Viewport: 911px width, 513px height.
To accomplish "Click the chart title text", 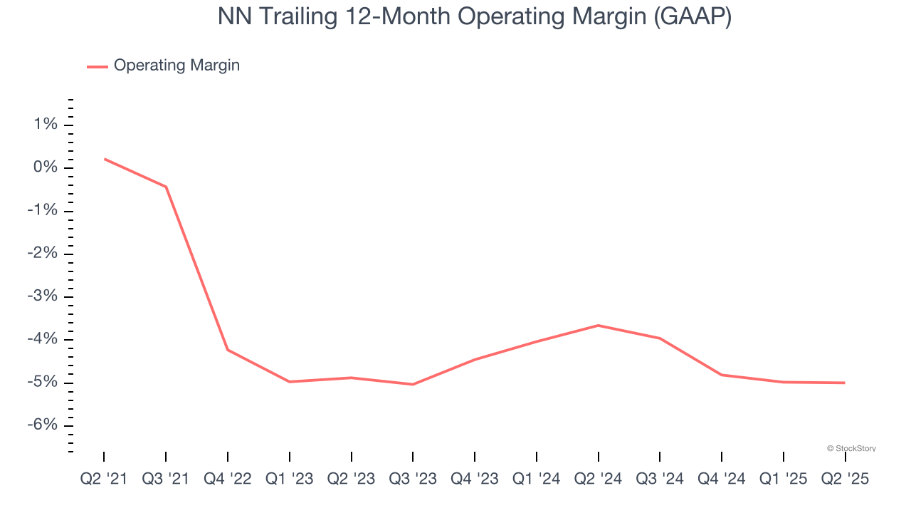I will coord(475,17).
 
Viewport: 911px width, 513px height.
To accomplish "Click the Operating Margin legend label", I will coord(177,66).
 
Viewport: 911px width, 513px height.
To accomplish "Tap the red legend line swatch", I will coord(98,66).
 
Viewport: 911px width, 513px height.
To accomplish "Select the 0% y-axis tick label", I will coord(44,167).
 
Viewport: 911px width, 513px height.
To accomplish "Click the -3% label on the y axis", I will coord(41,296).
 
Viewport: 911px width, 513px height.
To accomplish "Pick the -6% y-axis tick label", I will coord(41,425).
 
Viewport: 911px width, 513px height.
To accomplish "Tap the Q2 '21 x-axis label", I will coord(104,479).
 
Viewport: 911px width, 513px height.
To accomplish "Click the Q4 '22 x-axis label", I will coord(228,479).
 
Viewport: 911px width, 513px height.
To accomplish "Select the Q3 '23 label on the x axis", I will coord(413,479).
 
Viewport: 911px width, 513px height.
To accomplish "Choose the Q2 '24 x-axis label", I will coord(599,479).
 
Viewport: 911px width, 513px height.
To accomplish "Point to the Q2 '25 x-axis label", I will coord(845,479).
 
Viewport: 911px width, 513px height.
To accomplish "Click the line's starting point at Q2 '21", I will coord(105,159).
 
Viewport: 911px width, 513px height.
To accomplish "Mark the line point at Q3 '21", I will coord(166,187).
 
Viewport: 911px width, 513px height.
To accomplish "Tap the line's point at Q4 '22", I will coord(228,350).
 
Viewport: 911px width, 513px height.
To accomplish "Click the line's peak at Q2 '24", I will coord(599,326).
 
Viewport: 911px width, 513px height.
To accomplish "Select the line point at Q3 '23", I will coord(413,385).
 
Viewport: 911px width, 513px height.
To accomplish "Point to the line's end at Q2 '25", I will coord(845,383).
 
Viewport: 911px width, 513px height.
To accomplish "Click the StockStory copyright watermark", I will coord(851,449).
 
